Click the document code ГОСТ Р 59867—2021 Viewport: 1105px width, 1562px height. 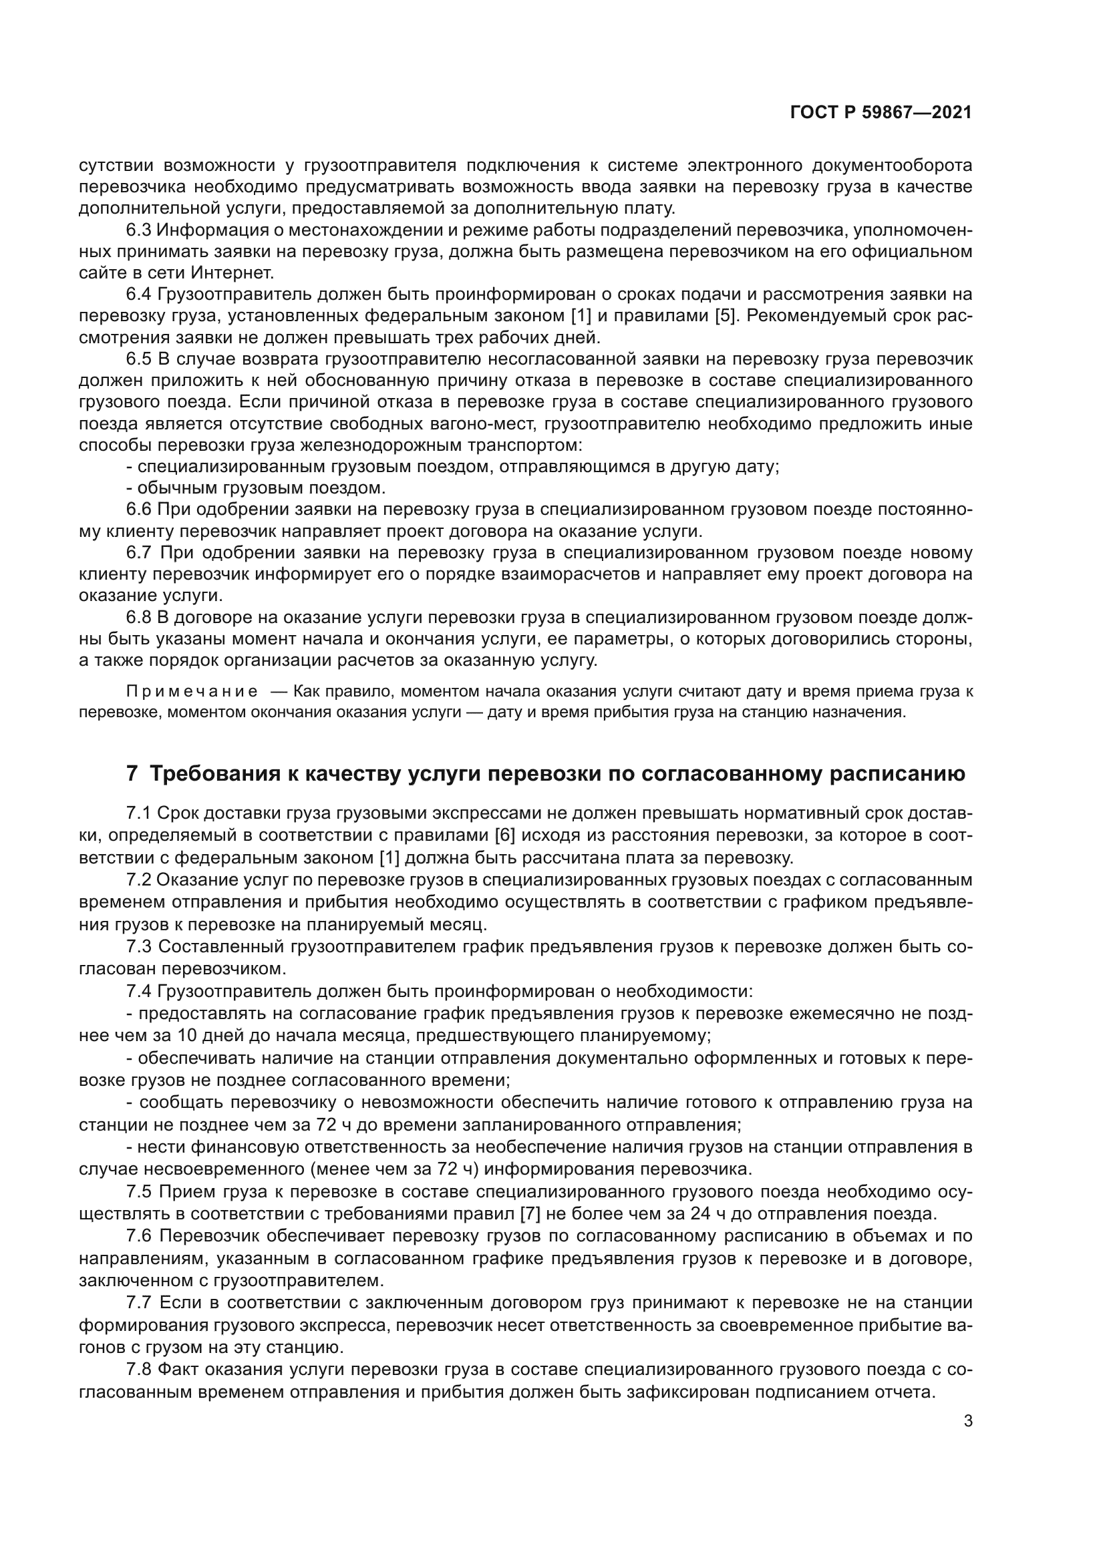tap(881, 113)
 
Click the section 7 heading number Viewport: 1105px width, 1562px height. tap(133, 774)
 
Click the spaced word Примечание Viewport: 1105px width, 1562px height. tap(192, 692)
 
